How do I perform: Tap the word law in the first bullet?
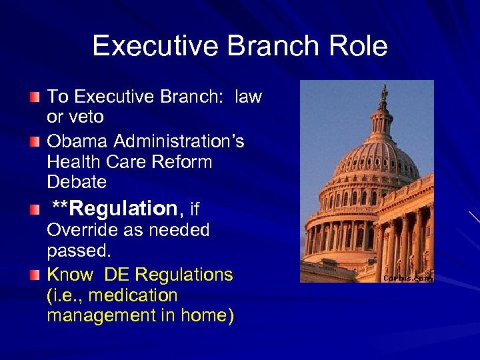coord(249,97)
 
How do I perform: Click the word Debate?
coord(77,181)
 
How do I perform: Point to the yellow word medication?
coord(133,295)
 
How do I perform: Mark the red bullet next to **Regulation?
coord(34,211)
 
